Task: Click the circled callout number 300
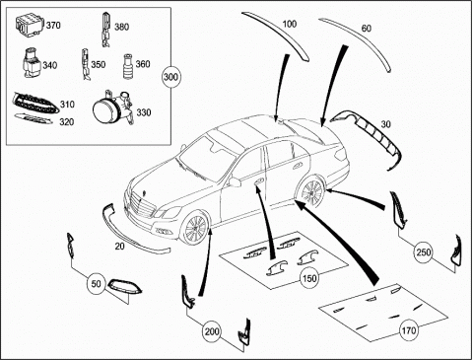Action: tap(170, 77)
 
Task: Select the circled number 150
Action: tap(309, 278)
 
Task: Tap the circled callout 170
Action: tap(409, 329)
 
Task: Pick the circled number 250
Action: tap(424, 252)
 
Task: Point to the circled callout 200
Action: tap(212, 331)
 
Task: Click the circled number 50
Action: tap(96, 283)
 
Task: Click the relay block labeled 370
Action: tap(30, 24)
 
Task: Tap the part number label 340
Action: tap(50, 65)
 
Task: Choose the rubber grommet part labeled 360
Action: tap(128, 66)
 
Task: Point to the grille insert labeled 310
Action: tap(36, 104)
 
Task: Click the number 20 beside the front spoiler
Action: tap(119, 246)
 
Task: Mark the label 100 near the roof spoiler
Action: tap(289, 24)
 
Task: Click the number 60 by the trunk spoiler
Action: tap(367, 29)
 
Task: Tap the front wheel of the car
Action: tap(195, 229)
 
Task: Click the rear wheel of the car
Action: tap(311, 192)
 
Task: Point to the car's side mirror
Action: tap(235, 181)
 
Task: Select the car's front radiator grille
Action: tap(143, 204)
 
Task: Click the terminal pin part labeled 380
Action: tap(105, 30)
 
